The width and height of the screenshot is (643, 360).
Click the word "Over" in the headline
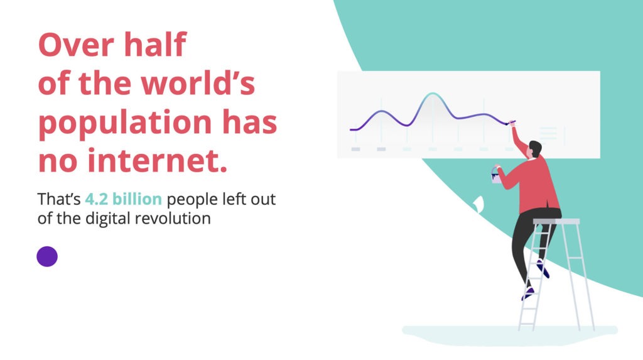pyautogui.click(x=76, y=45)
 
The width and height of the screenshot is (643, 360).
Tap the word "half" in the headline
pyautogui.click(x=155, y=44)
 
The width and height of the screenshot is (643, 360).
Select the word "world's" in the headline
pyautogui.click(x=198, y=83)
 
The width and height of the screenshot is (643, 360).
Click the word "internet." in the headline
pyautogui.click(x=158, y=160)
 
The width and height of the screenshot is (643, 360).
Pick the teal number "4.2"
pyautogui.click(x=96, y=199)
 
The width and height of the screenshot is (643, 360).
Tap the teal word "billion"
pyautogui.click(x=137, y=199)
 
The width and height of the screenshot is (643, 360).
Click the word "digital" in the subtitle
pyautogui.click(x=108, y=219)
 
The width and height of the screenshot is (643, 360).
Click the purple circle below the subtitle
pyautogui.click(x=47, y=256)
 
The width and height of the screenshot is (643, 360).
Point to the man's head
pyautogui.click(x=534, y=149)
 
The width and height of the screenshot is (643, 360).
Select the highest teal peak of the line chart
pyautogui.click(x=432, y=94)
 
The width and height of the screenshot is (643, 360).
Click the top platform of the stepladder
pyautogui.click(x=556, y=222)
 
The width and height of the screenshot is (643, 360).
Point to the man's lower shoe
pyautogui.click(x=527, y=293)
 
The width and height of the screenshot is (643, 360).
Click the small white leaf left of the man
pyautogui.click(x=478, y=204)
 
